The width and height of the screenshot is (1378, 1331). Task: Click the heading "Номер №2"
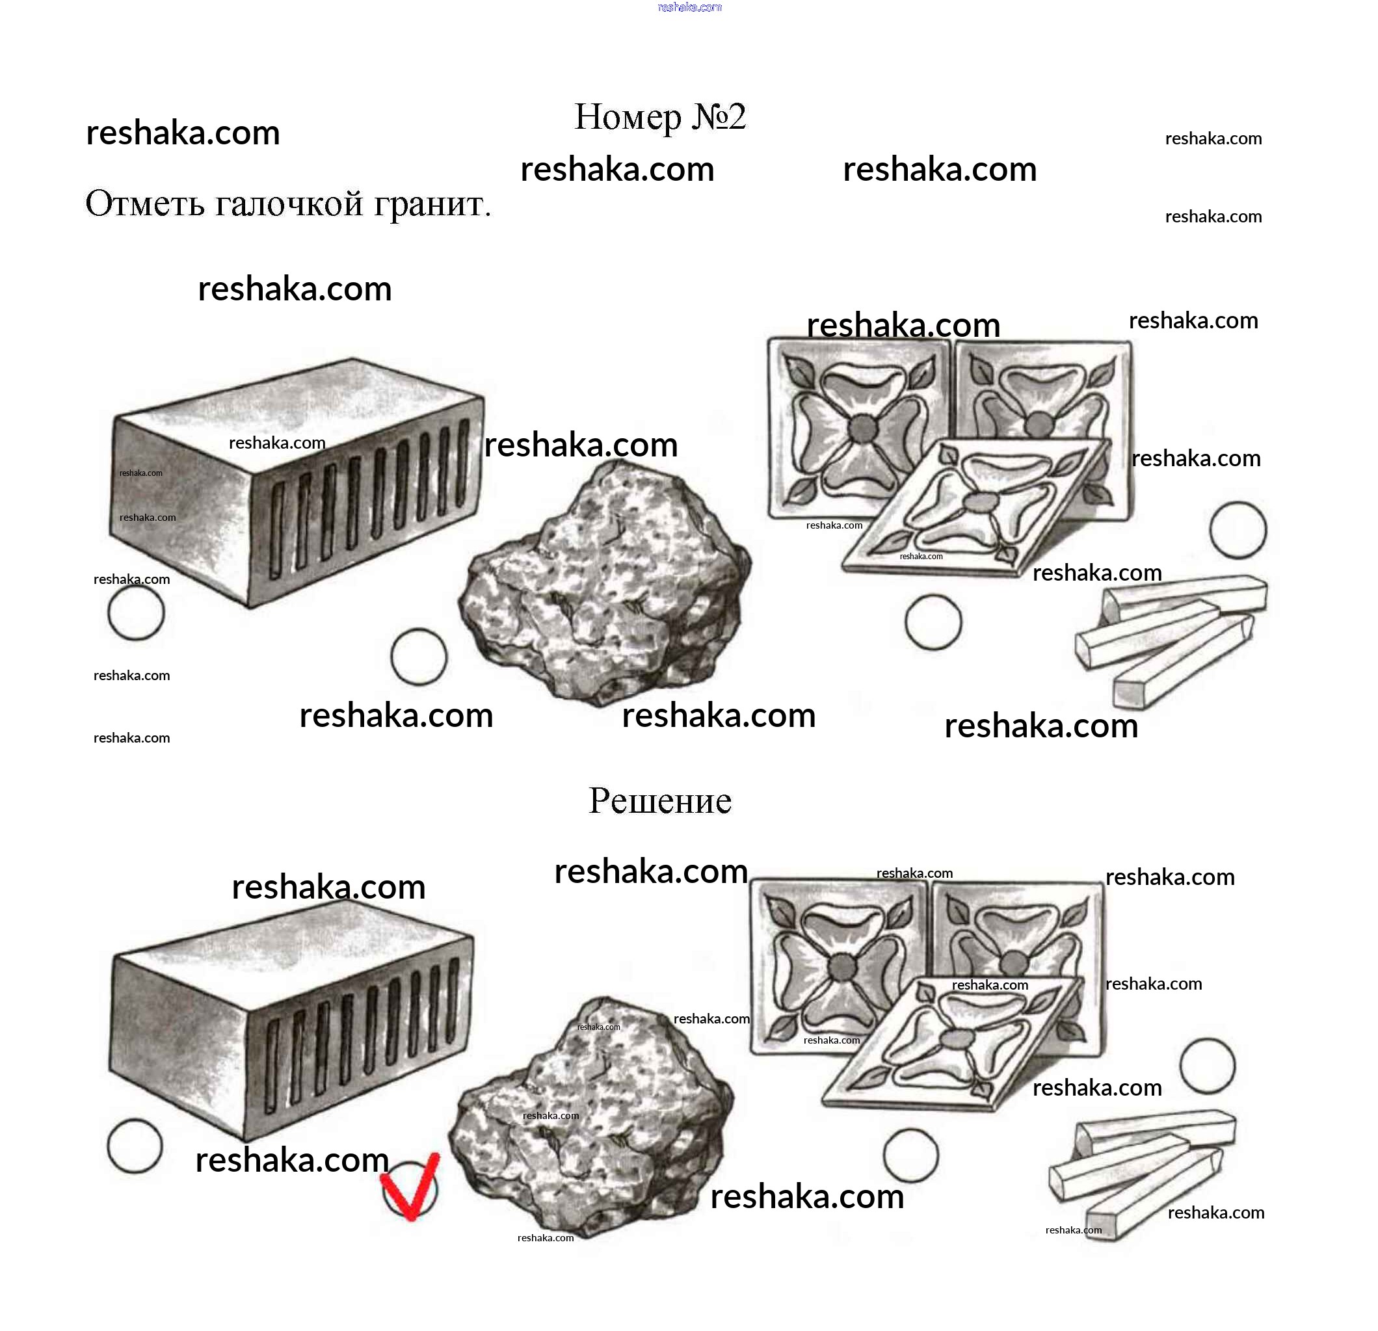659,117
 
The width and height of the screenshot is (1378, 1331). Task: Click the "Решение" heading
659,800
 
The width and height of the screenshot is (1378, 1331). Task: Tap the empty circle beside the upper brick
136,613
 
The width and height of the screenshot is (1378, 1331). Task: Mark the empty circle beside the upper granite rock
419,657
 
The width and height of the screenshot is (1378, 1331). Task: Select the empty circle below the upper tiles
933,622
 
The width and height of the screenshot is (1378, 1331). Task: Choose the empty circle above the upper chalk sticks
1238,529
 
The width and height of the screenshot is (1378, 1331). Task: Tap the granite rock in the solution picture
591,1116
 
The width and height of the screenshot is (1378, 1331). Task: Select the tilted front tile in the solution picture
953,1044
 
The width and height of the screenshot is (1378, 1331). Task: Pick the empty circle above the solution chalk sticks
1207,1066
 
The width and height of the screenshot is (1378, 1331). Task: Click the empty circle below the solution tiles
910,1155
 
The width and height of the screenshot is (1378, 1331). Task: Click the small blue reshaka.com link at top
690,7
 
